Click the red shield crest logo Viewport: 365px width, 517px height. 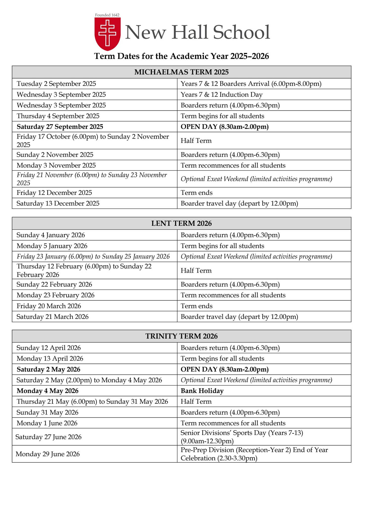(x=107, y=34)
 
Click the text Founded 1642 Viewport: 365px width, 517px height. (x=107, y=15)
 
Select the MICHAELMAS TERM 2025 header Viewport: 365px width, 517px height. (x=181, y=72)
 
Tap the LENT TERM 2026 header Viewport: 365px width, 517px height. (x=181, y=223)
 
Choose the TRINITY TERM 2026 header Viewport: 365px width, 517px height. (x=181, y=336)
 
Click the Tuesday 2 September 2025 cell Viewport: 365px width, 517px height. (x=56, y=84)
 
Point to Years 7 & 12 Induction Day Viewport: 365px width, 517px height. (x=221, y=95)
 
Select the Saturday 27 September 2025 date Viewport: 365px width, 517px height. (x=60, y=127)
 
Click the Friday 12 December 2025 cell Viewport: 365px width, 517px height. (x=54, y=193)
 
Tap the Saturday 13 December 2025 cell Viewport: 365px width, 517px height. (x=58, y=203)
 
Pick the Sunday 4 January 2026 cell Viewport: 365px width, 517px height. (x=51, y=235)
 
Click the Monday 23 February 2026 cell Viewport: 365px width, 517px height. (x=55, y=295)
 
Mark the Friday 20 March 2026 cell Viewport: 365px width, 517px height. (x=49, y=306)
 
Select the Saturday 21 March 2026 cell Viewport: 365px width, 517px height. (x=52, y=317)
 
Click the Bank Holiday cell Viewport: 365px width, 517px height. (x=202, y=391)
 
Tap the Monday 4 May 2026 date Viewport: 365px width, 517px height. (x=47, y=391)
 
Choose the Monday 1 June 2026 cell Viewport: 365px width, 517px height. (x=47, y=423)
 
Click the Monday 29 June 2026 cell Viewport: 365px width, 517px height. (x=48, y=454)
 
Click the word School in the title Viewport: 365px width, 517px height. (x=241, y=32)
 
